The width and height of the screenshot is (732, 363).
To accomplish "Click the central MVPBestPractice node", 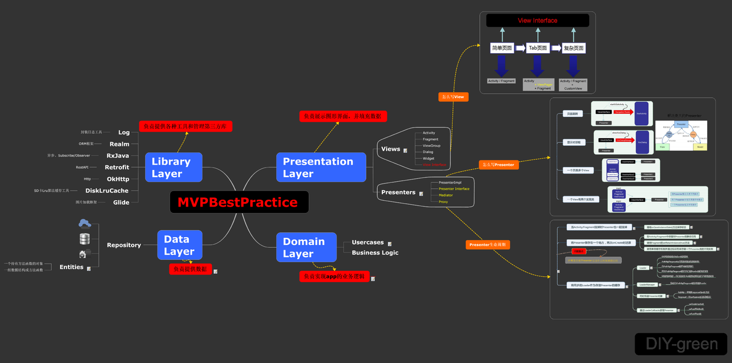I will (x=238, y=202).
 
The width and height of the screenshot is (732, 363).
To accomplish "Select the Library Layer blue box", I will (x=174, y=168).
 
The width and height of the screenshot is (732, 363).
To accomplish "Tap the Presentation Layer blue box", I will (x=321, y=168).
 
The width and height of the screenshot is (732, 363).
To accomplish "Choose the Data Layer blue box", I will (x=179, y=245).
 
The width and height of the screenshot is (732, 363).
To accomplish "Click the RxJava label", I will (x=117, y=156).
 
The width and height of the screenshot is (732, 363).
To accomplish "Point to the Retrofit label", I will (x=117, y=168).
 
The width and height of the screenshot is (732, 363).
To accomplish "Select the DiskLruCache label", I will (x=107, y=191).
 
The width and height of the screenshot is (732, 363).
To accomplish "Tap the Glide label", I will (x=121, y=202).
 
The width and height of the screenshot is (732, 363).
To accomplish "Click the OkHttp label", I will (x=118, y=179).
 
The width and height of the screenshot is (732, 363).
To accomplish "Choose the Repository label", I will (x=124, y=245).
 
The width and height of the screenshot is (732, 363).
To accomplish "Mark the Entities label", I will (x=71, y=267).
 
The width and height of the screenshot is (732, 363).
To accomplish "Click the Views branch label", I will (x=391, y=149).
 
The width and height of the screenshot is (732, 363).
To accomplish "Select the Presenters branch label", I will (x=398, y=192).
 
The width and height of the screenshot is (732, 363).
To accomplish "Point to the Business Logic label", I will (x=375, y=253).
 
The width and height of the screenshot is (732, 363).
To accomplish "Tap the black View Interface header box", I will (x=537, y=21).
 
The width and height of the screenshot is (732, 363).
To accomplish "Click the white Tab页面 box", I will (x=537, y=48).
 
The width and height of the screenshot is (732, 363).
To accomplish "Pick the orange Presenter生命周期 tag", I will (x=488, y=244).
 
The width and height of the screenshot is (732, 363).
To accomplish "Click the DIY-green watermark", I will (x=682, y=344).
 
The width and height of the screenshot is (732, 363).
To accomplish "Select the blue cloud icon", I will (x=84, y=223).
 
